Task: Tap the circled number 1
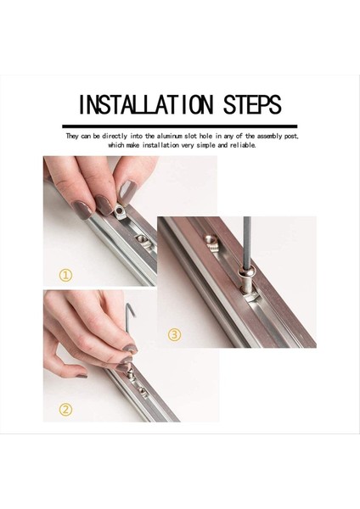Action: click(x=65, y=274)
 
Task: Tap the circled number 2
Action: click(x=65, y=409)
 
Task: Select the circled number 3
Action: click(x=174, y=334)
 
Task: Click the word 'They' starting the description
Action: click(x=73, y=136)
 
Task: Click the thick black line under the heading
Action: click(x=179, y=125)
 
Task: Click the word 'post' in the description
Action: click(x=290, y=136)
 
